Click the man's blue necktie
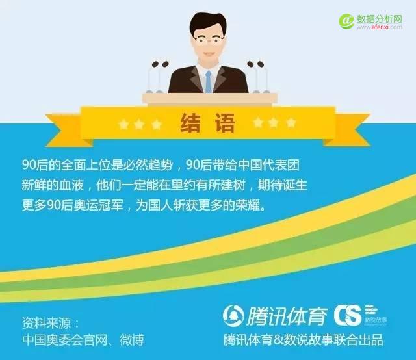point(209,81)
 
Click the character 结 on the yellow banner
point(190,123)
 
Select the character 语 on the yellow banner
point(225,123)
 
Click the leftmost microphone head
point(155,64)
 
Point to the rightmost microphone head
point(261,64)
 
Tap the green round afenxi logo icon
point(346,21)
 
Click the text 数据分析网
point(380,19)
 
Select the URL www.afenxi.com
point(380,27)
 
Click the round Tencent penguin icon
point(233,315)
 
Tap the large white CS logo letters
point(348,315)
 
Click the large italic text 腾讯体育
point(287,316)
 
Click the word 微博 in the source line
point(132,340)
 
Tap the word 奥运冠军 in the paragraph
point(98,205)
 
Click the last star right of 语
point(291,123)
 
